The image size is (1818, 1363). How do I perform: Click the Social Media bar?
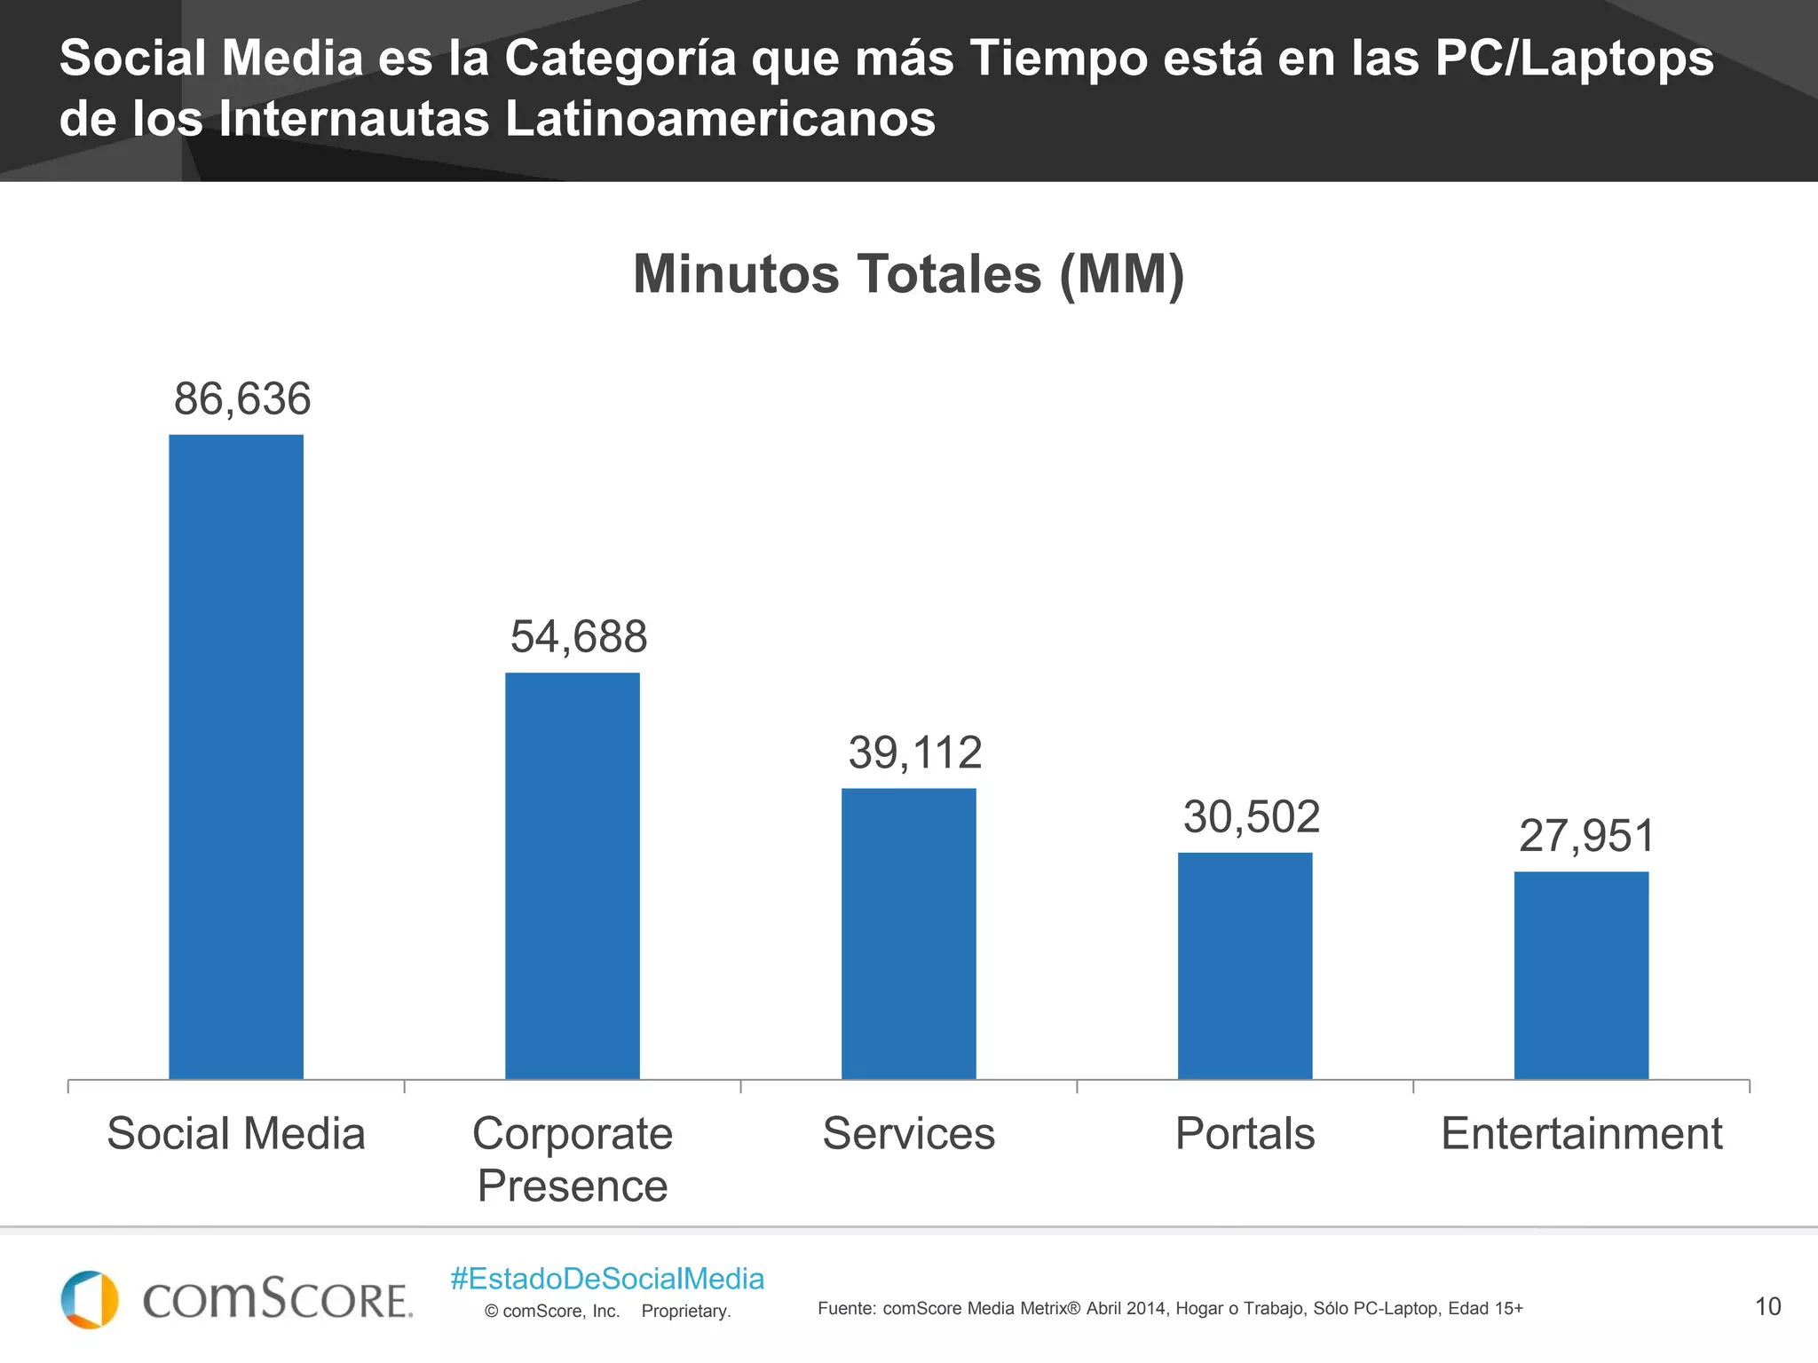[x=236, y=756]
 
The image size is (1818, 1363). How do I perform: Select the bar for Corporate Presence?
[x=573, y=875]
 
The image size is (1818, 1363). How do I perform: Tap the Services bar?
[x=908, y=933]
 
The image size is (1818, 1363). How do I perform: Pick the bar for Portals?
[x=1245, y=965]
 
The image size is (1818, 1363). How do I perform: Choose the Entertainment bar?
[x=1581, y=974]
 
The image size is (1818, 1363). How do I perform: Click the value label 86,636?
[x=242, y=398]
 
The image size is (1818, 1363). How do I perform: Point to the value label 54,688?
[x=579, y=636]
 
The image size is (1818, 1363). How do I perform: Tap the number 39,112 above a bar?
[x=915, y=752]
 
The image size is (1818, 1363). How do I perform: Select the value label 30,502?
[x=1252, y=816]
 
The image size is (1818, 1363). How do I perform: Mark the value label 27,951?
[x=1587, y=836]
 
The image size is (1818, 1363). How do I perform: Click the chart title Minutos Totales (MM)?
[x=908, y=274]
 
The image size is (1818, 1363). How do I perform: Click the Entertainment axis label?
[x=1581, y=1133]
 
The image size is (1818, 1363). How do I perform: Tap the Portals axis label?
[x=1245, y=1133]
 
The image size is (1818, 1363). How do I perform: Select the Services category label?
[x=908, y=1133]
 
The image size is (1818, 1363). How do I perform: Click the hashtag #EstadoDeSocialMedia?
[x=607, y=1279]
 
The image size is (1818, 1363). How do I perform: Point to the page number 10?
[x=1767, y=1306]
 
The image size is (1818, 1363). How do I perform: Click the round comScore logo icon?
[x=90, y=1299]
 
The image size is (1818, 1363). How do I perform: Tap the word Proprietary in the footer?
[x=685, y=1311]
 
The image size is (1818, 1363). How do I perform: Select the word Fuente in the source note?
[x=845, y=1308]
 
